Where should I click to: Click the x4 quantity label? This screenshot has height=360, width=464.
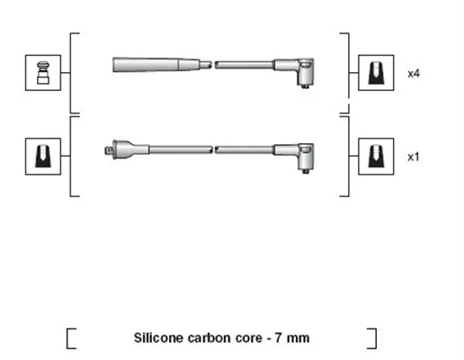[x=414, y=74]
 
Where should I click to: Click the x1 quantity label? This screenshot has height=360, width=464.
[x=414, y=157]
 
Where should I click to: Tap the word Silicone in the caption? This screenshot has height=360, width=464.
[x=158, y=337]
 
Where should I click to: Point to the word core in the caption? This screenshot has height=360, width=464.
[x=249, y=338]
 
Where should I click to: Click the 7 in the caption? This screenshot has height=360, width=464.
[x=278, y=338]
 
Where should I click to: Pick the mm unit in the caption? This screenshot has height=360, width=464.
[x=298, y=338]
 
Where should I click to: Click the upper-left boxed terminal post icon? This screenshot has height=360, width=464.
[x=43, y=73]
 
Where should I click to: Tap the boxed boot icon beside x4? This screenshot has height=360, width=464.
[x=376, y=73]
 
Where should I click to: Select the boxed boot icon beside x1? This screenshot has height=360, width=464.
[x=376, y=157]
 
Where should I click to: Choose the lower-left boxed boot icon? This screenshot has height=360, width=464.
[x=43, y=157]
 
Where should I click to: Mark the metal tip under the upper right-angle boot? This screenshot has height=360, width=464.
[x=306, y=86]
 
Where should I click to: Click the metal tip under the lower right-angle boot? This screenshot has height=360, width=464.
[x=306, y=172]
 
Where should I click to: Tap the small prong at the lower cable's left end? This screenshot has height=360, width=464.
[x=109, y=150]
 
